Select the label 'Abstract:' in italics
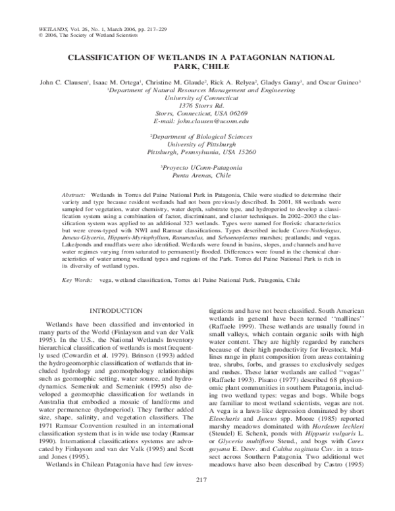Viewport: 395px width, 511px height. (74, 196)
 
